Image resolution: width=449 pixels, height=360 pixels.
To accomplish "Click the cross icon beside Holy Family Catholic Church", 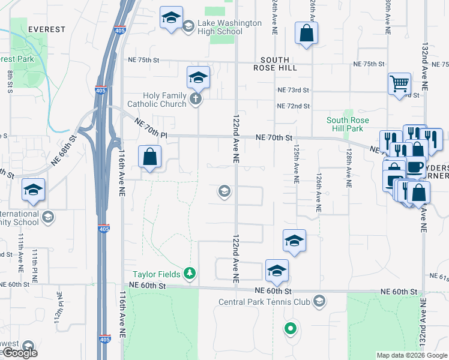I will [x=195, y=99].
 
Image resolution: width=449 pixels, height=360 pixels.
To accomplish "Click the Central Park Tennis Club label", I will [x=265, y=301].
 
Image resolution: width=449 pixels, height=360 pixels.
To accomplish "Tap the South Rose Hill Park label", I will [x=345, y=124].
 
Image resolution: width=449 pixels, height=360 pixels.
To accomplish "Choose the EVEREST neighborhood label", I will [x=29, y=29].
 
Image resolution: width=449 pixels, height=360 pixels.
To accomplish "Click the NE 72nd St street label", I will [x=293, y=106].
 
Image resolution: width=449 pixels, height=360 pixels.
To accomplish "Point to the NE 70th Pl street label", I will [x=150, y=130].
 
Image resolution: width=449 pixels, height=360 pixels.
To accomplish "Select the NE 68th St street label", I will [x=65, y=150].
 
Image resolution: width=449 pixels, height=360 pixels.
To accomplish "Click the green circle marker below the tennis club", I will [x=291, y=328].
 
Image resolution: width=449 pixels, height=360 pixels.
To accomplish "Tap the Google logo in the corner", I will [x=20, y=353].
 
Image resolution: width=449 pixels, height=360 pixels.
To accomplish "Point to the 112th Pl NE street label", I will [x=59, y=306].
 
